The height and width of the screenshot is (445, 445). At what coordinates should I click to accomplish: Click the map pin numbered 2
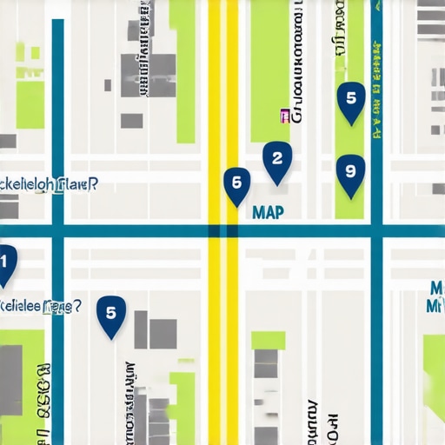pos(277,160)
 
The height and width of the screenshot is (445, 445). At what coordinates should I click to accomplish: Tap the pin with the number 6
pos(236,183)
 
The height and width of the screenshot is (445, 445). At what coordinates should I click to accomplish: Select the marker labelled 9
pos(349,171)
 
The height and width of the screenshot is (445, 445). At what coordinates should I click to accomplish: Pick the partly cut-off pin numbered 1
pos(4,262)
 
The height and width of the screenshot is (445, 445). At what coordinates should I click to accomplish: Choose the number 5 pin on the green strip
pos(350,99)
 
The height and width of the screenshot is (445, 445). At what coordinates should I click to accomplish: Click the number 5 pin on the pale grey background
pos(110,314)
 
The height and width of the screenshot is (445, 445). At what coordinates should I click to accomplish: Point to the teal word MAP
pos(267,213)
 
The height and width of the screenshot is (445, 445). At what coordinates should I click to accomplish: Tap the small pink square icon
pos(283,114)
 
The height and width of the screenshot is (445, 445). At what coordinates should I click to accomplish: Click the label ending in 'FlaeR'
pos(48,184)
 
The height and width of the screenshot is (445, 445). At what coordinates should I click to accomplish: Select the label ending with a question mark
pos(40,306)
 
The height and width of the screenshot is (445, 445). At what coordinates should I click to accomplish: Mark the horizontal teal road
pos(130,231)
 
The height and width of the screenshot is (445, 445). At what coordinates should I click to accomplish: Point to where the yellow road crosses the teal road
pos(223,231)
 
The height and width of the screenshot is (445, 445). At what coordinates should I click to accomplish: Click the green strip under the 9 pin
pos(349,204)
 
